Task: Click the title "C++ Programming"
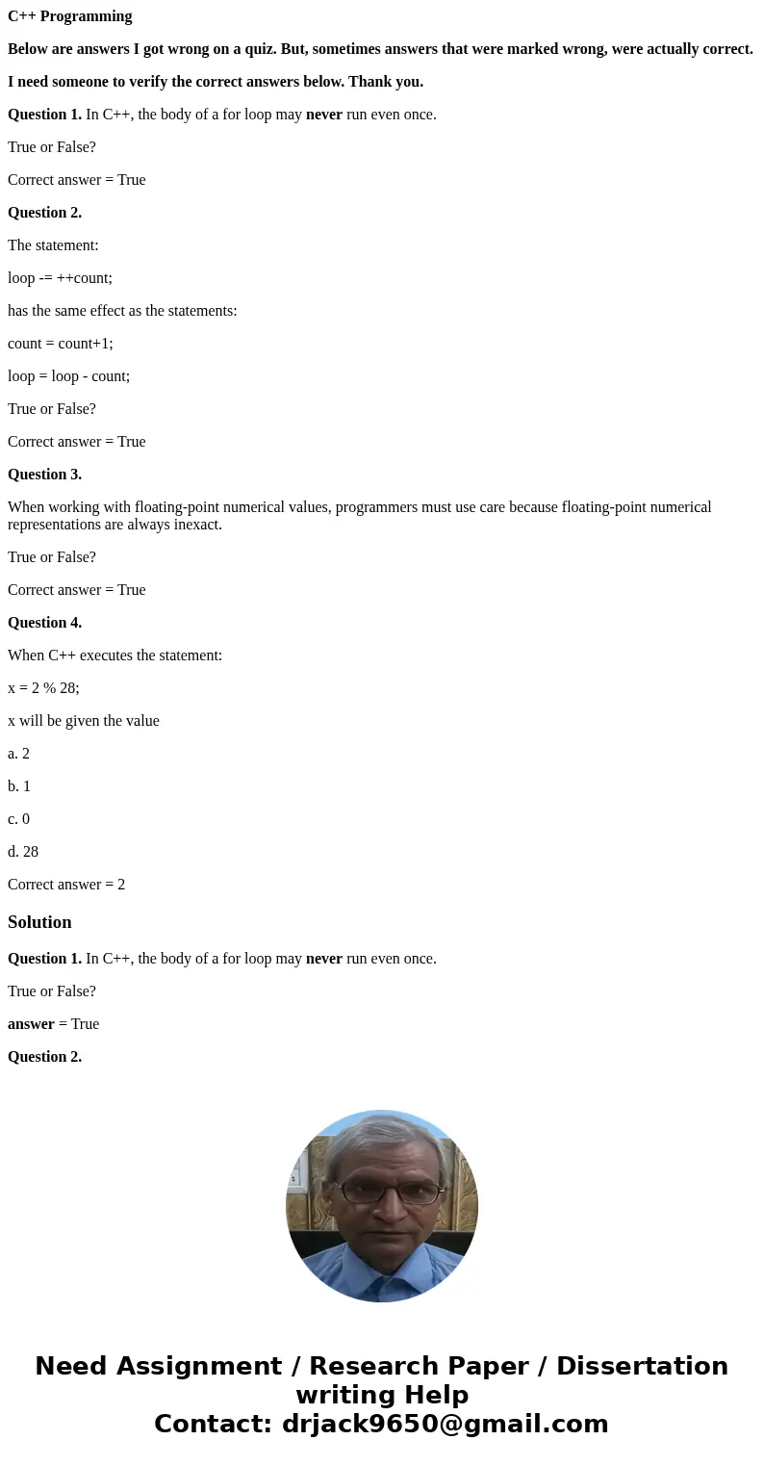70,16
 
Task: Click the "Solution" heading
39,922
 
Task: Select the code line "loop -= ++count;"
60,278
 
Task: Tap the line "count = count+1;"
60,344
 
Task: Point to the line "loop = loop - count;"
68,376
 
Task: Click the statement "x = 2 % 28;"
43,688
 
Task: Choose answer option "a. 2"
19,754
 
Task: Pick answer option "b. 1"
19,786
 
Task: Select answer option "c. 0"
19,819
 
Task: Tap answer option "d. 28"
23,852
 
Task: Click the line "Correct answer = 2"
66,885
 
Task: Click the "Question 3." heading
44,475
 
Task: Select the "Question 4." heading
44,623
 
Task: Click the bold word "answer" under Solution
31,1024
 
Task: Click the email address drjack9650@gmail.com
445,1425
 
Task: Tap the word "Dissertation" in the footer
642,1367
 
